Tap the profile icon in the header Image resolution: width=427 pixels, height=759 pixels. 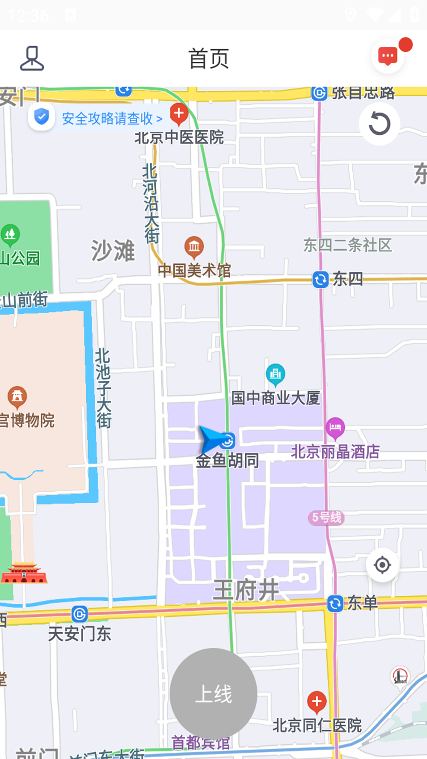coord(32,59)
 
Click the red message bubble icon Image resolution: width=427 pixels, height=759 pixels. coord(388,57)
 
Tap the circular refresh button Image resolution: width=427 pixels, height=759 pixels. coord(379,124)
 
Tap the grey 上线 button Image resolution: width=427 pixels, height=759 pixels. coord(213,693)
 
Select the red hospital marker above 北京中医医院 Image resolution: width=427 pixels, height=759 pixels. coord(179,113)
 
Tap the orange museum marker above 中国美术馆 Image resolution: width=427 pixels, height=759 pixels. coord(194,247)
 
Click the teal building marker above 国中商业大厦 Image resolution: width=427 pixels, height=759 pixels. coord(276,374)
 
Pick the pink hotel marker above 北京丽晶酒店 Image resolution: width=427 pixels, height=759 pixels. coord(335,428)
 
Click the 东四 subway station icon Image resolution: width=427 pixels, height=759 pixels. coord(320,279)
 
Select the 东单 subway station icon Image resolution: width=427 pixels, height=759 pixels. coord(335,604)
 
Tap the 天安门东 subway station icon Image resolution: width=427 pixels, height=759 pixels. coord(79,614)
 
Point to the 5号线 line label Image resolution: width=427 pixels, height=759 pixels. coord(326,517)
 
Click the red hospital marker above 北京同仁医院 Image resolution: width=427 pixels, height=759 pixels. coord(317,701)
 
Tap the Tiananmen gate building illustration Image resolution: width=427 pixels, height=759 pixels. coord(24,572)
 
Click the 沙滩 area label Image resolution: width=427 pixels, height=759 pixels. coord(113,250)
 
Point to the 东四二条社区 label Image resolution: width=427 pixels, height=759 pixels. coord(347,245)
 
